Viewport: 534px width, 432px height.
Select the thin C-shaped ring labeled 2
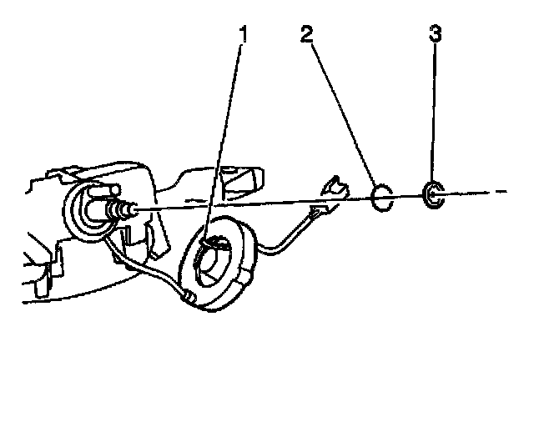(380, 198)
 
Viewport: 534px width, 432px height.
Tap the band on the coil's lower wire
(189, 295)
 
